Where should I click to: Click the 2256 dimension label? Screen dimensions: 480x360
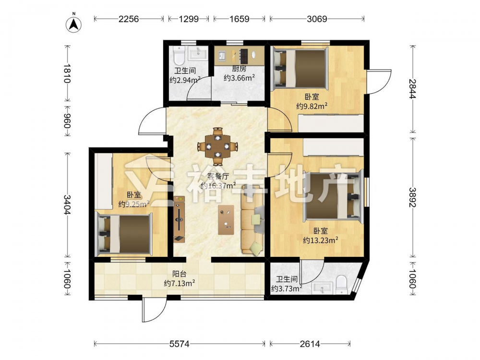[x=129, y=19]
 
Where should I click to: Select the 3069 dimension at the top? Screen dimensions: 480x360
[x=317, y=19]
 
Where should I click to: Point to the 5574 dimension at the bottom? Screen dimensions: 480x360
[x=180, y=344]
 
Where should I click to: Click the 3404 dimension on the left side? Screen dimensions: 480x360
[x=67, y=204]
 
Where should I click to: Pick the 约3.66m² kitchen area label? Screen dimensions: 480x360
[x=240, y=78]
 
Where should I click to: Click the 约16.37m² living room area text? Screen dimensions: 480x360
[x=218, y=185]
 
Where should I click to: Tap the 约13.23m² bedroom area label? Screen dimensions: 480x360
[x=321, y=240]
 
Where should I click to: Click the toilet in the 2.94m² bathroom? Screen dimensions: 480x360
[x=178, y=55]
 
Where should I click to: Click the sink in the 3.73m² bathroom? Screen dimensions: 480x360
[x=322, y=288]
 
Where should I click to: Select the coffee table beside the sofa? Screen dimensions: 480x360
[x=226, y=220]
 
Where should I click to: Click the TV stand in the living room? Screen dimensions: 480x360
[x=180, y=219]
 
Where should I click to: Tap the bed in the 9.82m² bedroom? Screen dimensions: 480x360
[x=300, y=68]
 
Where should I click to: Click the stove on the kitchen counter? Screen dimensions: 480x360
[x=244, y=56]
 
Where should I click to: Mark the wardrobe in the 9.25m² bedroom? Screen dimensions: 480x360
[x=103, y=181]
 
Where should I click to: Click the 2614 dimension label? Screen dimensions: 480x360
[x=310, y=344]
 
